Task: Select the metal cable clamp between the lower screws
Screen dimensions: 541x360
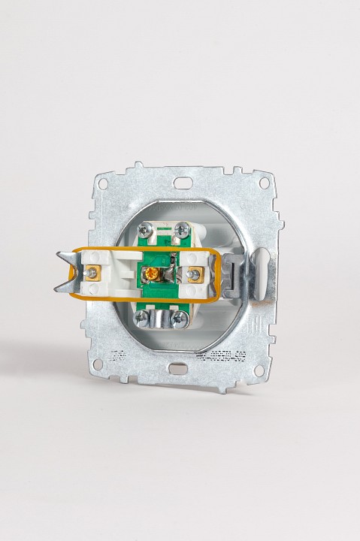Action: point(159,321)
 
